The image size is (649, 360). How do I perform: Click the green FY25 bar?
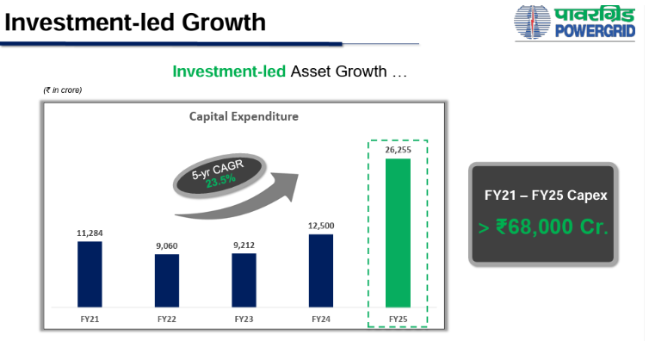(x=398, y=233)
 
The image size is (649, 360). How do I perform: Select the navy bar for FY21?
(x=90, y=274)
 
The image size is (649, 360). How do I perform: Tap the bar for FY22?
(x=167, y=281)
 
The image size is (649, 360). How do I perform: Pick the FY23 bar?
(x=244, y=280)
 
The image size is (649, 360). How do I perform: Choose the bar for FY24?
(x=321, y=271)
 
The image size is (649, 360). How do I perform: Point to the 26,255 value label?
(x=399, y=150)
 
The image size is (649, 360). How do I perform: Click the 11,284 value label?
(x=90, y=233)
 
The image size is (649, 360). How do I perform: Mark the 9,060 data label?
(x=167, y=246)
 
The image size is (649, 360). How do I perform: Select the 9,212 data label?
(x=244, y=245)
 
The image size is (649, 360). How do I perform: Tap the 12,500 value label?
(x=321, y=226)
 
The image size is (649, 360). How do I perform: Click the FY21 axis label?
(x=90, y=319)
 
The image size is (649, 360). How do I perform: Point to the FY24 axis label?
(x=321, y=319)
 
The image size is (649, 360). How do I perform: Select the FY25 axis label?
(x=399, y=319)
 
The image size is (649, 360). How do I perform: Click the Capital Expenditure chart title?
(x=244, y=116)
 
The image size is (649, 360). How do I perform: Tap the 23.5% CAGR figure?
(x=220, y=181)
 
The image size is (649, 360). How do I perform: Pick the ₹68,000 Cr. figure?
(x=552, y=227)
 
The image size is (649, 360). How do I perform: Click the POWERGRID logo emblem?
(x=532, y=22)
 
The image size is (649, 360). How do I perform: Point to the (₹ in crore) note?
(x=63, y=90)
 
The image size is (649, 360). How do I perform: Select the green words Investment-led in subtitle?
(x=229, y=71)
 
